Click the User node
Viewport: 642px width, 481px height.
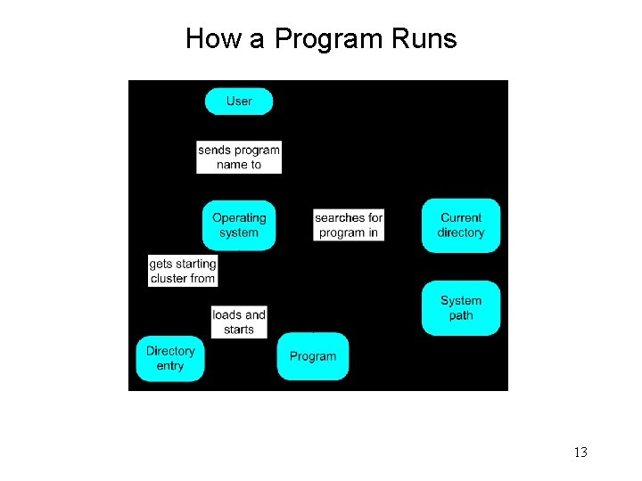point(239,102)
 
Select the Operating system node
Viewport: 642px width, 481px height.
point(239,224)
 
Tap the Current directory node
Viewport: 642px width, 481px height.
point(461,225)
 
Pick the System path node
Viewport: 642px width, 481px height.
point(461,308)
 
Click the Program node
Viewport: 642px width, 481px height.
point(313,356)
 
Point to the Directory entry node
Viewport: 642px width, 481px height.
point(169,358)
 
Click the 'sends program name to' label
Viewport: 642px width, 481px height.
point(239,157)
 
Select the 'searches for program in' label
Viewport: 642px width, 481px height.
point(349,224)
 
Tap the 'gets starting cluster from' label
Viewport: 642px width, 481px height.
point(183,271)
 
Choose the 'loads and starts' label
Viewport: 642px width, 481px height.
point(239,322)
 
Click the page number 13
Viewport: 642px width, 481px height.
point(580,452)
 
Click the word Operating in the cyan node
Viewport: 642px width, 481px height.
point(239,217)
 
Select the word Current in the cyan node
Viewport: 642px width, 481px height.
point(461,217)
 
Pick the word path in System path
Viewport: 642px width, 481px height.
point(461,316)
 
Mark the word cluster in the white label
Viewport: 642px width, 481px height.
point(168,279)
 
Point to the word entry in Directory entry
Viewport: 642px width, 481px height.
point(169,366)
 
